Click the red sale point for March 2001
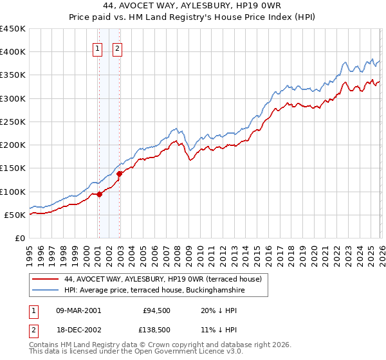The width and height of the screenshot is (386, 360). coord(99,194)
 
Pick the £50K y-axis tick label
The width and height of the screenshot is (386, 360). coord(15,215)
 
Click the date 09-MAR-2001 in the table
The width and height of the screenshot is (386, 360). coord(78,310)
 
